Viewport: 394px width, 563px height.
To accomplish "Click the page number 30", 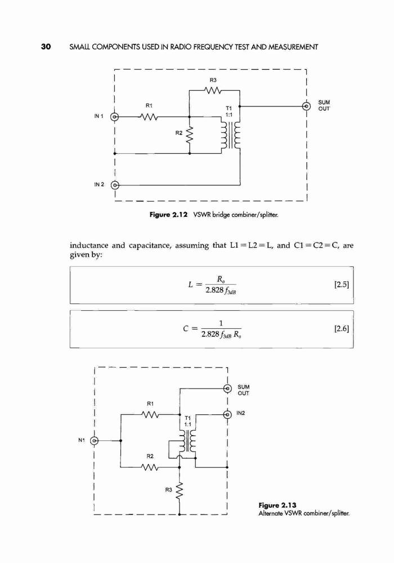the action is coord(46,47).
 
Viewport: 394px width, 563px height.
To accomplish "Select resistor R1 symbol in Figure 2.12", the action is coord(149,117).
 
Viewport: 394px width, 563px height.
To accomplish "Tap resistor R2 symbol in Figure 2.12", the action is coord(190,135).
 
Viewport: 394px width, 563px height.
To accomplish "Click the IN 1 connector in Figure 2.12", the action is coord(114,117).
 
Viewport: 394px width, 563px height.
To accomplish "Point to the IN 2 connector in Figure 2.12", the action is coord(114,185).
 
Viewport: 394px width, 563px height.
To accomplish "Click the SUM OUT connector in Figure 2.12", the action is coord(306,106).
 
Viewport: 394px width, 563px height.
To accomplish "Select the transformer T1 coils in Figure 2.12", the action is coord(230,135).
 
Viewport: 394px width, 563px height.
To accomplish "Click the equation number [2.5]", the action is coord(341,285).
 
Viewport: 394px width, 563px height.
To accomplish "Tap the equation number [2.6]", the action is coord(341,329).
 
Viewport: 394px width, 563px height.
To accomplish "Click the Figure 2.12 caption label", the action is coord(168,215).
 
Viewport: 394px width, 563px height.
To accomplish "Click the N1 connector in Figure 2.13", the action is coord(94,441).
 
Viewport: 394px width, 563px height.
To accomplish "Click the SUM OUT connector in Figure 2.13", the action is coord(227,388).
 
